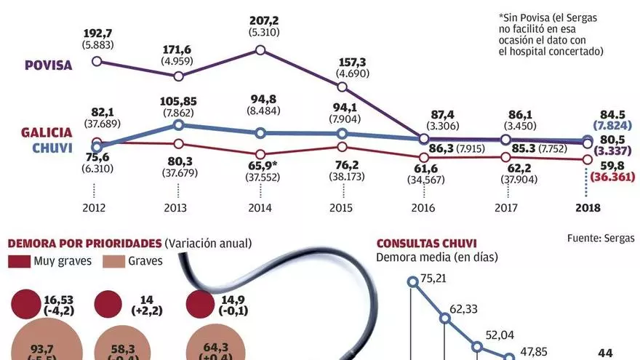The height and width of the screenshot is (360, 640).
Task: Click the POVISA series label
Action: [48, 65]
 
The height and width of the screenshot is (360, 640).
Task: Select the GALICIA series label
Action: [46, 132]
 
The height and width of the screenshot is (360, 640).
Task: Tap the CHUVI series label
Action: [52, 148]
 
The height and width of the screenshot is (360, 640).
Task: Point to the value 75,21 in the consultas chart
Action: [435, 277]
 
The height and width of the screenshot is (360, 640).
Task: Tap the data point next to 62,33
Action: [446, 317]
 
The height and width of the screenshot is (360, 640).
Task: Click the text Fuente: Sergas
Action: [600, 238]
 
